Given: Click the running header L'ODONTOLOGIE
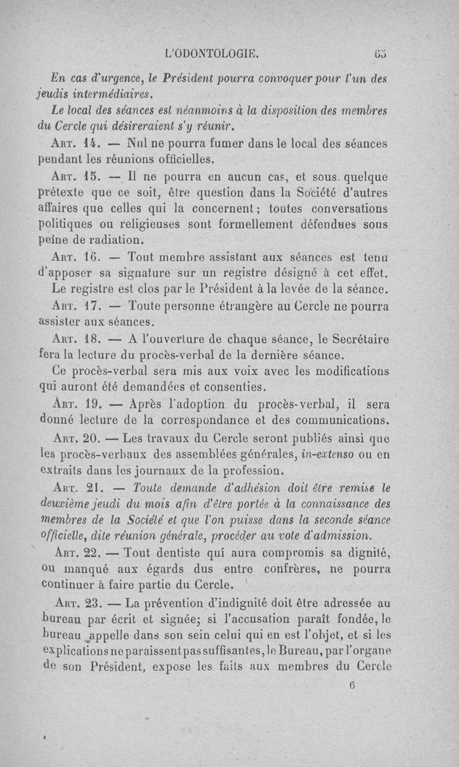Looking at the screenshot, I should [x=211, y=55].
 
